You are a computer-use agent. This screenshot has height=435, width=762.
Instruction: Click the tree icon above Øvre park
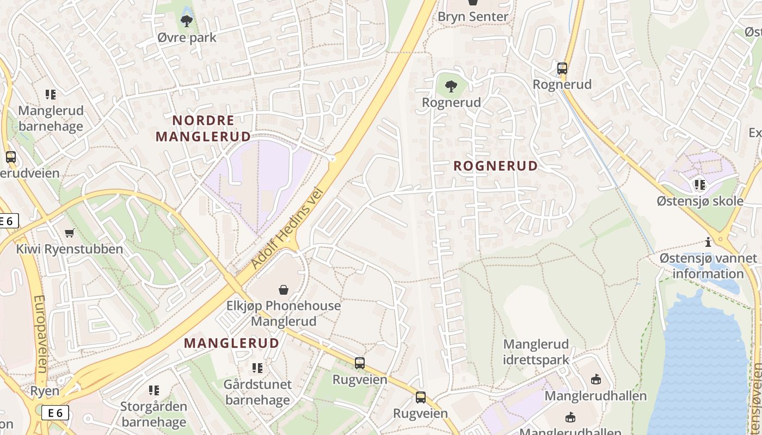click(x=187, y=21)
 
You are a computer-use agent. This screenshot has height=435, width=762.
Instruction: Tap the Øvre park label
click(x=187, y=38)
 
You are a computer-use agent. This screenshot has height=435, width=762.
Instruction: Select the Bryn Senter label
click(x=472, y=16)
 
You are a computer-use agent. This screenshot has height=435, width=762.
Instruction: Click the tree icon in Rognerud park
click(x=451, y=86)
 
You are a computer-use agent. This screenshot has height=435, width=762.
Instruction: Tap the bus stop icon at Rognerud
click(x=562, y=69)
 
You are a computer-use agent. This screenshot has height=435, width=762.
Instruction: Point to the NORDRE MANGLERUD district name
click(x=203, y=128)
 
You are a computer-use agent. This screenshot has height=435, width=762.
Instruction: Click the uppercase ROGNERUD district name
click(x=495, y=166)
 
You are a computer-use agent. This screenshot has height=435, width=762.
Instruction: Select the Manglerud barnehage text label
click(x=51, y=119)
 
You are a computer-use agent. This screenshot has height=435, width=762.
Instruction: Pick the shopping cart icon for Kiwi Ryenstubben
click(x=69, y=233)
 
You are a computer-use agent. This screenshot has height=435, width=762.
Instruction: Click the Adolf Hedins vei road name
click(x=287, y=229)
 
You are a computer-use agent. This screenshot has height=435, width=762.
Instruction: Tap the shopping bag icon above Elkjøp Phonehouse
click(x=284, y=289)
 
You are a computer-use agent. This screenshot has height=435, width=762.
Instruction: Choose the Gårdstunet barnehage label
click(x=257, y=392)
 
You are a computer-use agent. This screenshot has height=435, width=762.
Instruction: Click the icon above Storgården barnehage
click(x=154, y=390)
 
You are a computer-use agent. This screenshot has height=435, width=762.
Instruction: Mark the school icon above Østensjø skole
click(x=699, y=185)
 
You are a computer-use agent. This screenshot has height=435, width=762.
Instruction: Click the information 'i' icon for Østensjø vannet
click(x=708, y=242)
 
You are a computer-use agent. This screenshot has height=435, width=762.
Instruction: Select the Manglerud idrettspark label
click(x=536, y=352)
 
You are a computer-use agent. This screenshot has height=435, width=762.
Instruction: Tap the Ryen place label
click(x=45, y=391)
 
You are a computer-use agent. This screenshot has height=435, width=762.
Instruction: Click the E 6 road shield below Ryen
click(x=56, y=413)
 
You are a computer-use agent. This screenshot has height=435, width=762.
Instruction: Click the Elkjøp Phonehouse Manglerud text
click(x=284, y=313)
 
